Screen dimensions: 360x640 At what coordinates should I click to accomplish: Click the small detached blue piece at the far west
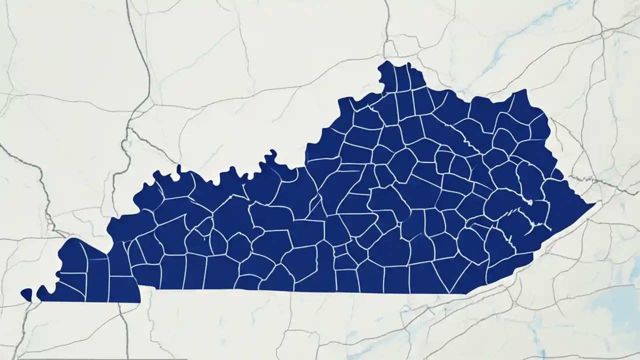point(26,294)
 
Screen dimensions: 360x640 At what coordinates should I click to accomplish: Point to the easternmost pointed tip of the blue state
point(594,204)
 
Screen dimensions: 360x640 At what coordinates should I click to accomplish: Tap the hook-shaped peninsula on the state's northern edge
point(271,156)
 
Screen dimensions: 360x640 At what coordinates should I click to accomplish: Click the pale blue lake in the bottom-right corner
point(617,300)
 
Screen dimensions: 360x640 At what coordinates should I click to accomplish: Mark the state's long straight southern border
point(300,291)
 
